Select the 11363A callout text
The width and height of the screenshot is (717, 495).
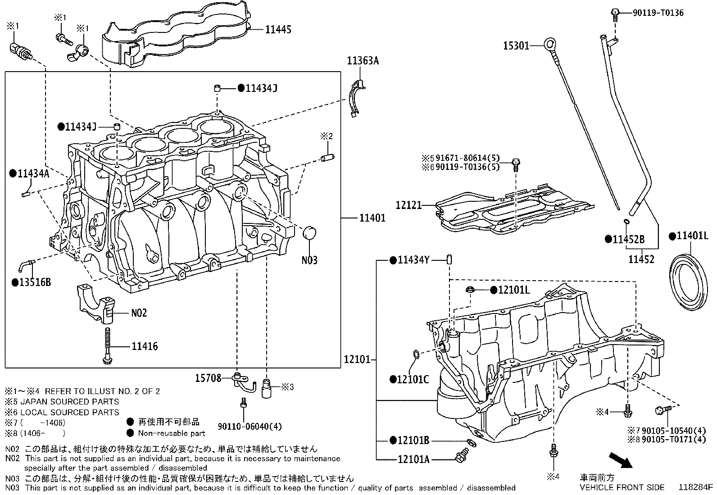pos(363,60)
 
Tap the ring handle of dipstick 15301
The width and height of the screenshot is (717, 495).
pos(550,44)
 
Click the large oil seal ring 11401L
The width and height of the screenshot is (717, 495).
pos(690,282)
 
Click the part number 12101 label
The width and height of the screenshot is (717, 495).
pos(357,359)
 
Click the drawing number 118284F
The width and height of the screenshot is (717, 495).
pos(696,487)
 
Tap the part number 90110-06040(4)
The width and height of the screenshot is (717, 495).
pos(243,426)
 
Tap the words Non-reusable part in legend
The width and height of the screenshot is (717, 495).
pos(171,433)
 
